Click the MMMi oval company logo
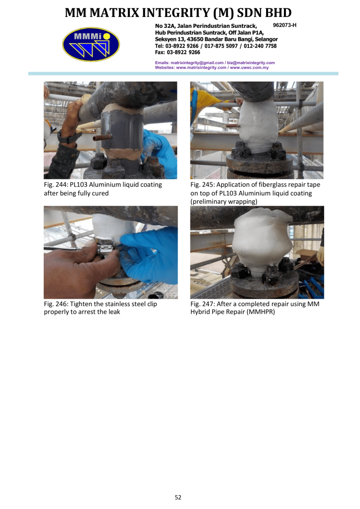click(91, 44)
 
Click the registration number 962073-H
click(284, 25)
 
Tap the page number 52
click(178, 497)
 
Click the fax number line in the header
click(177, 52)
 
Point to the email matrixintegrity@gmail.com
click(197, 63)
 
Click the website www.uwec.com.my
click(249, 68)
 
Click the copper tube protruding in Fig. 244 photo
click(101, 138)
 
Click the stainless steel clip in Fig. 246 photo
click(104, 250)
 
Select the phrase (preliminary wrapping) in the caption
click(224, 202)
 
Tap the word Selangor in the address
click(266, 39)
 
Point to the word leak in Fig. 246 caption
click(114, 312)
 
